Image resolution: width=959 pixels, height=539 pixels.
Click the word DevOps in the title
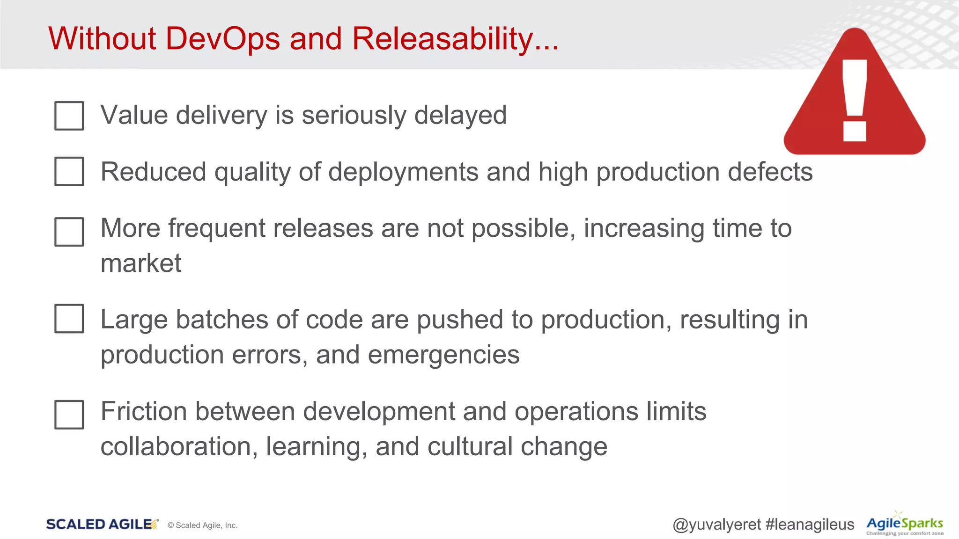click(x=222, y=38)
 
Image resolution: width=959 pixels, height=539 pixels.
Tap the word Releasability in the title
click(x=443, y=38)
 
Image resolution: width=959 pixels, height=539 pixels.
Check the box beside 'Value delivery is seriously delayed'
click(x=69, y=116)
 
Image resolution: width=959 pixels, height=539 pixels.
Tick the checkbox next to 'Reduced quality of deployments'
click(x=69, y=171)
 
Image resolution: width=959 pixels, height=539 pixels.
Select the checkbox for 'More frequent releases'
click(x=69, y=232)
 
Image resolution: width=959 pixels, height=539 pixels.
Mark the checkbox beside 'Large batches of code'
click(x=69, y=319)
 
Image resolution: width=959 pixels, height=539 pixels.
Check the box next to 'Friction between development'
click(x=69, y=415)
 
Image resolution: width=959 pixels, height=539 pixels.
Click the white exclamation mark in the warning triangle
click(x=855, y=98)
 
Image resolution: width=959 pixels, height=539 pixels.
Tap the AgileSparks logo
click(x=904, y=524)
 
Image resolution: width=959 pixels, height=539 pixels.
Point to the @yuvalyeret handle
click(x=717, y=524)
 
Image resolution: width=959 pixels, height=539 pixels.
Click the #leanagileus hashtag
click(x=810, y=524)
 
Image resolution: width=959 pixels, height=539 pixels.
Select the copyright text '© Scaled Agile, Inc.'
click(x=203, y=525)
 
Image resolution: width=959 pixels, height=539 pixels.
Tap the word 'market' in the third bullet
click(x=141, y=263)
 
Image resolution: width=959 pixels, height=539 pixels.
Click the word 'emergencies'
click(x=443, y=355)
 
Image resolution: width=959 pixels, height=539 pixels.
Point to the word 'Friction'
click(x=143, y=412)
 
